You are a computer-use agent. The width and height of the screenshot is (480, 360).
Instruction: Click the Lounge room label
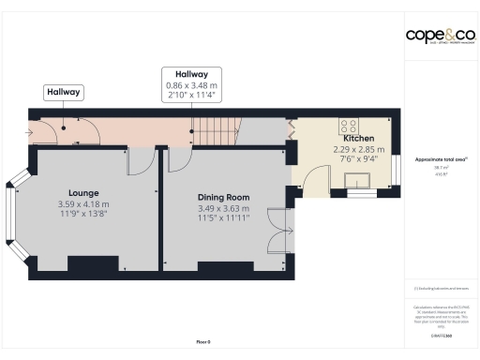pos(83,192)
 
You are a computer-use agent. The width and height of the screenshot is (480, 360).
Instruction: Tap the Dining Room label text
pos(223,197)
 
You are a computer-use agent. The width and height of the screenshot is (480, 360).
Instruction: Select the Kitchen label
pos(347,137)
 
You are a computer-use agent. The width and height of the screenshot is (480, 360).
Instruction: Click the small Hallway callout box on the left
pos(64,92)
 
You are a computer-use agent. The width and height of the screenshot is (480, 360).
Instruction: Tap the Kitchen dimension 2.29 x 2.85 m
pos(347,148)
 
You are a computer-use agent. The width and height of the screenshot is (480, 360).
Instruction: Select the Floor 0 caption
pos(202,341)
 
